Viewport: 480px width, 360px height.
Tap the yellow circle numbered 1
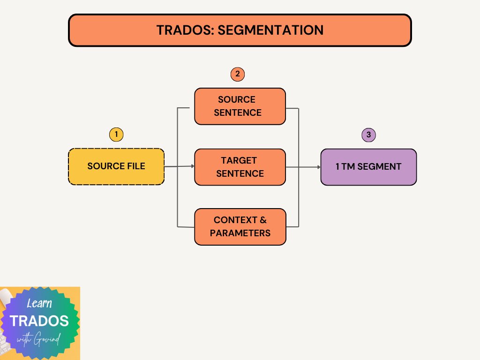116,135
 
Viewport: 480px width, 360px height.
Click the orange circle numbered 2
238,74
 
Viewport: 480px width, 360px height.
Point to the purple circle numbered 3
369,135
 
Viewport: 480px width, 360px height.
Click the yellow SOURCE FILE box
116,166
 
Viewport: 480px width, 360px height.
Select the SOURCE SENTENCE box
240,106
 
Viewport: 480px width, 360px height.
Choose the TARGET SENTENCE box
240,167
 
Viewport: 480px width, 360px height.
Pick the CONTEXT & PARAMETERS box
240,227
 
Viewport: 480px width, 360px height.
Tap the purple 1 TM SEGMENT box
368,167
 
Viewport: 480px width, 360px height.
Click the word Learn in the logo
39,303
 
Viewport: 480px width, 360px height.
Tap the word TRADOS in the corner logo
39,321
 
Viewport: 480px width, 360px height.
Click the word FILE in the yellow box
135,166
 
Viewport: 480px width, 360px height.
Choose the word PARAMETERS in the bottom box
240,233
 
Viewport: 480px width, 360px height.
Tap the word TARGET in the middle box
239,160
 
